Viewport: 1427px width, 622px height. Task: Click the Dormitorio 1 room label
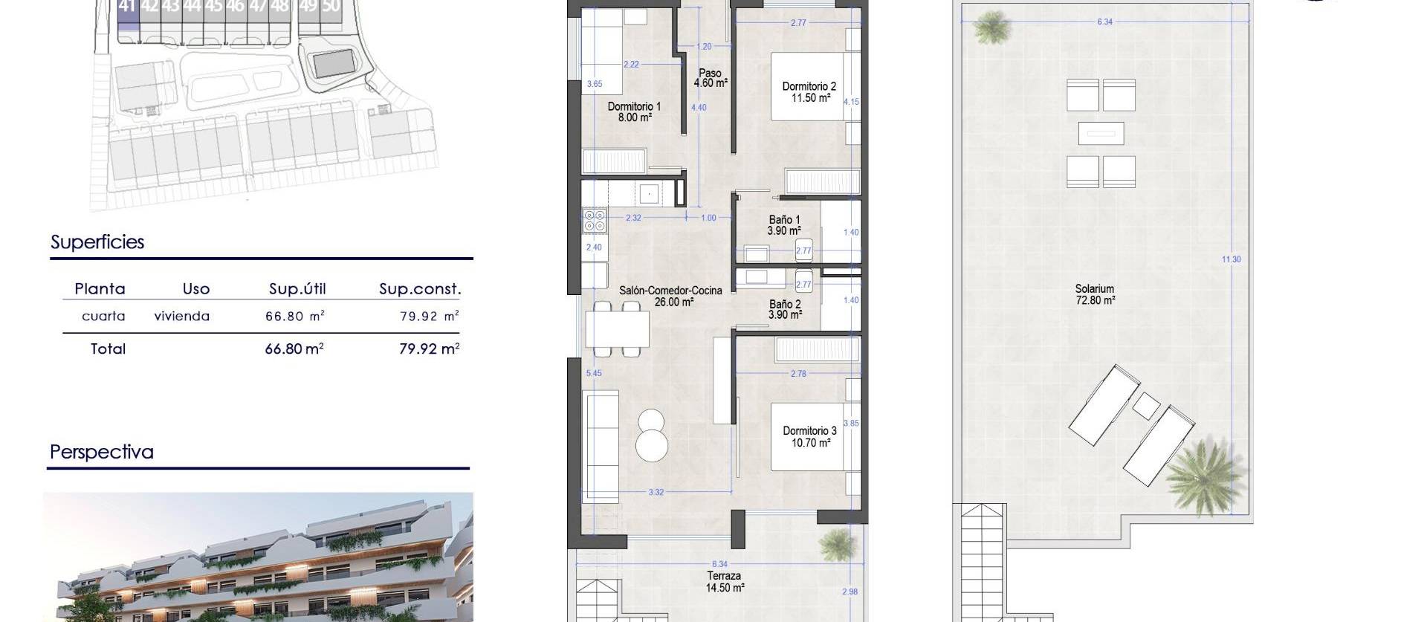(x=633, y=106)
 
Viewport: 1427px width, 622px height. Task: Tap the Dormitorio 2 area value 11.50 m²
(x=810, y=98)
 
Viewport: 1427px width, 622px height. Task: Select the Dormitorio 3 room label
(x=809, y=431)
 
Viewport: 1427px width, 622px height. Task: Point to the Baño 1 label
(x=784, y=220)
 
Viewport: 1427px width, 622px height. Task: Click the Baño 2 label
(x=785, y=304)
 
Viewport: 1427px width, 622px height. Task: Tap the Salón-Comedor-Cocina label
(x=670, y=291)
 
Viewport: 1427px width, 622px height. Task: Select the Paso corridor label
(x=710, y=73)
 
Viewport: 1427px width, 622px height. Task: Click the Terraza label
(x=723, y=576)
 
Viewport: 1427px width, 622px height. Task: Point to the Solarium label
(x=1094, y=289)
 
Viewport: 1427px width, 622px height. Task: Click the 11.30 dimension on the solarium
(x=1231, y=259)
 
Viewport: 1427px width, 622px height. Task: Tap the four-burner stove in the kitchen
(x=595, y=221)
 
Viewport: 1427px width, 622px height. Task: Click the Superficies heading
(x=97, y=242)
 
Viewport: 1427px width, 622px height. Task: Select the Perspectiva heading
(x=102, y=452)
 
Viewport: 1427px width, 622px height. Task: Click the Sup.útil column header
(x=297, y=289)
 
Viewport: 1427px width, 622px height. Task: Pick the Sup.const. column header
(x=420, y=289)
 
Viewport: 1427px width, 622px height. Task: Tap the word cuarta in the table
(x=103, y=317)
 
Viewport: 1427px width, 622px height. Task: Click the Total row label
(x=108, y=349)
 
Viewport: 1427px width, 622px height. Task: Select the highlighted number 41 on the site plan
(x=127, y=7)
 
